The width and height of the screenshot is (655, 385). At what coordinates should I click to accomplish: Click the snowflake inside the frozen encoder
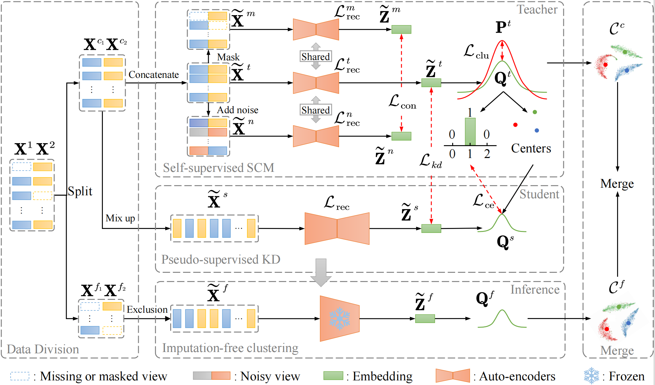(340, 319)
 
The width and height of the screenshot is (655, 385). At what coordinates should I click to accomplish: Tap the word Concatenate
(154, 75)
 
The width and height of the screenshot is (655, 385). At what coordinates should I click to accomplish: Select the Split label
(80, 191)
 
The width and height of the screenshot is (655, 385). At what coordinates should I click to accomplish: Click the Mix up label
(120, 218)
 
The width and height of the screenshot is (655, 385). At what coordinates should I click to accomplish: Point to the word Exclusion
(147, 309)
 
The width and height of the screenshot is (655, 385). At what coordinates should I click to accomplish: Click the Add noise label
(237, 110)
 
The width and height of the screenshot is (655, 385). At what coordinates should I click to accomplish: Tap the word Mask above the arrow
(228, 57)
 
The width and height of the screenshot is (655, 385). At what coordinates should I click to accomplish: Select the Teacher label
(537, 10)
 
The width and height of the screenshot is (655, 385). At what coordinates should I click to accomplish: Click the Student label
(539, 194)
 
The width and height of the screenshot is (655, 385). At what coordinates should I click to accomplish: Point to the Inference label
(535, 290)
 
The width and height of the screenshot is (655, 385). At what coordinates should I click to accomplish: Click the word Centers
(531, 148)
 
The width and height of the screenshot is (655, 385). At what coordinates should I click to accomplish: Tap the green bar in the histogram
(470, 132)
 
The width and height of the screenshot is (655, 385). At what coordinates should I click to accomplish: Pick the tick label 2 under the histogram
(487, 154)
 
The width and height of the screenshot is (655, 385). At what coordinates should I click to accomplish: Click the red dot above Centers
(515, 125)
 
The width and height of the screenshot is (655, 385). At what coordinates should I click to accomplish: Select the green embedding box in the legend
(333, 376)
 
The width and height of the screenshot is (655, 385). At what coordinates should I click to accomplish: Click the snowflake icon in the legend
(591, 375)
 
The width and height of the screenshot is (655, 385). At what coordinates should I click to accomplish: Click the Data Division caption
(43, 349)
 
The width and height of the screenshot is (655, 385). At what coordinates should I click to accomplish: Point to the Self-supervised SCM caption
(218, 168)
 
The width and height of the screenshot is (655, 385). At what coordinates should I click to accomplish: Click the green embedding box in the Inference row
(425, 319)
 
